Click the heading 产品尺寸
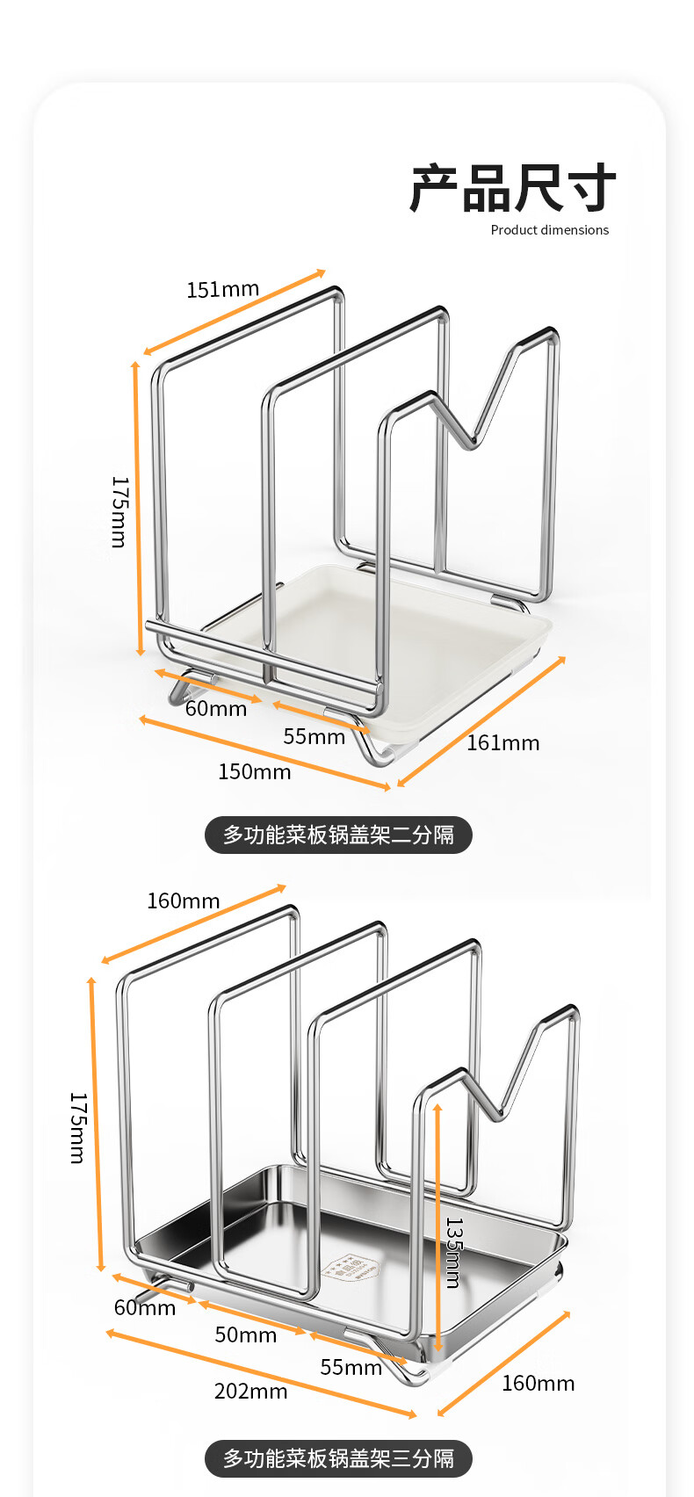point(513,188)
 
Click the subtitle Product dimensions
point(549,230)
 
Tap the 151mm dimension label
point(222,289)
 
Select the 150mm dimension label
point(254,771)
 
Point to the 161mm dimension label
point(502,743)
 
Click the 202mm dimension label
point(250,1391)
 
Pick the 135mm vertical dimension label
point(453,1252)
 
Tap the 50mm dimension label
point(245,1335)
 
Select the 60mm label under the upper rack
point(215,708)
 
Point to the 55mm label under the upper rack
point(314,736)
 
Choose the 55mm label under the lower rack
point(351,1367)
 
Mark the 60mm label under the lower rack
point(144,1307)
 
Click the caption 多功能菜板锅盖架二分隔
point(338,835)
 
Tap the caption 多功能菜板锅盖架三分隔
point(338,1458)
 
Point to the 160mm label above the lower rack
point(183,900)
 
